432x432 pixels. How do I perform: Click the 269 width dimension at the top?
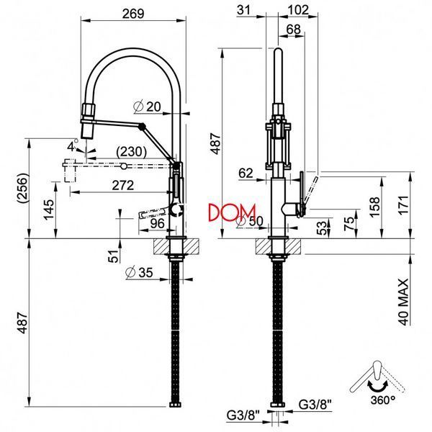tap(133, 14)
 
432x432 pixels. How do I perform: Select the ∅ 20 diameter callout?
tap(147, 107)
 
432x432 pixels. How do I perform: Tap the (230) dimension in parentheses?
tap(131, 151)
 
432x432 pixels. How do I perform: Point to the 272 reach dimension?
tap(123, 185)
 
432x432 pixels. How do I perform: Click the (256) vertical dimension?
tap(22, 188)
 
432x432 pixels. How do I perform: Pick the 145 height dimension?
tap(49, 210)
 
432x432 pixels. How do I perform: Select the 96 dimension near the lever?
tap(157, 223)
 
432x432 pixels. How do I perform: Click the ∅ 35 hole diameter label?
tap(139, 272)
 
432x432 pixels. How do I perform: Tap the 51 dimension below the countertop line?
tap(113, 256)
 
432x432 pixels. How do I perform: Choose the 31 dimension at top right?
tap(243, 10)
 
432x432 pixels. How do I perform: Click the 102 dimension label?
tap(298, 10)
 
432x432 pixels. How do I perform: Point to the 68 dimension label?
tap(294, 30)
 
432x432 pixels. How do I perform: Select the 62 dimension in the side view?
tap(246, 173)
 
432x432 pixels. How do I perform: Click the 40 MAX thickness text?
tap(404, 302)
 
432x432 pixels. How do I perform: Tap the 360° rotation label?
tap(383, 400)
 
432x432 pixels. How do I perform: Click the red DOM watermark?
tap(232, 212)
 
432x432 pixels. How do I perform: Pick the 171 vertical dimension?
tap(404, 206)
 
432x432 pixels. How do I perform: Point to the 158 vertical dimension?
tap(374, 207)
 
